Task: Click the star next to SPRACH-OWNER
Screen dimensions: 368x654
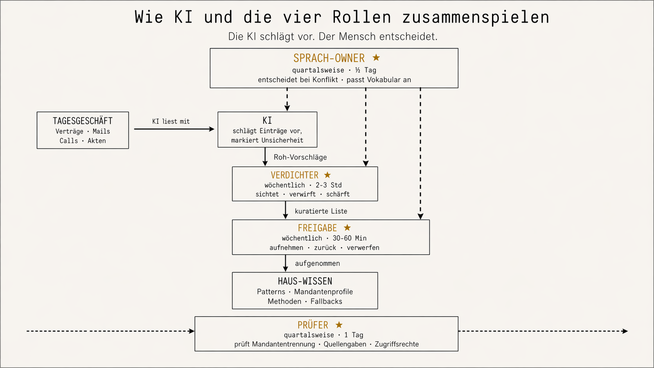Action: [376, 58]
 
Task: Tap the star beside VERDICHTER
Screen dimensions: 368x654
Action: [328, 175]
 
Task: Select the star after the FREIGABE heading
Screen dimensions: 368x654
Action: [347, 228]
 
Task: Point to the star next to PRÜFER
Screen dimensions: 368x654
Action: [339, 325]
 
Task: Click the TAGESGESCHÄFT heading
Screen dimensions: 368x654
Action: [83, 121]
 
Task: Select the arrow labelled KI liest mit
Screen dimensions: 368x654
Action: [174, 129]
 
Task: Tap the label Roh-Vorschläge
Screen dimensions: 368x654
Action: [300, 157]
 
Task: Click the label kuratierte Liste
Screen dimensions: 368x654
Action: [321, 211]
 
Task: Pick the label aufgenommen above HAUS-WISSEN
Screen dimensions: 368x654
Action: [317, 264]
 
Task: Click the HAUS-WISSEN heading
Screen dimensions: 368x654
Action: [305, 281]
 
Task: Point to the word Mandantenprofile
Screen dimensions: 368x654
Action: [323, 292]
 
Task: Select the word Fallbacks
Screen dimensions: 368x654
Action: [326, 302]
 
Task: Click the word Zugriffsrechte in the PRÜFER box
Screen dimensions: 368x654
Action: [397, 344]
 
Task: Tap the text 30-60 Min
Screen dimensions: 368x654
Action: [349, 238]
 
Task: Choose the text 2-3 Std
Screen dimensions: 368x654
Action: [329, 185]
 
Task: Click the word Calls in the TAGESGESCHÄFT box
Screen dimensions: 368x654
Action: [68, 141]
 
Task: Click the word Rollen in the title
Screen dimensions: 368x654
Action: [362, 17]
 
